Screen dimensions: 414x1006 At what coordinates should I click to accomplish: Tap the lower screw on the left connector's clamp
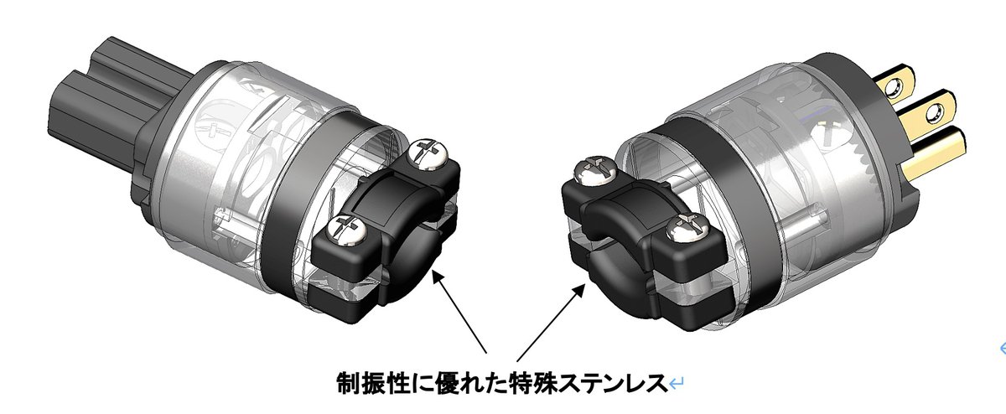tap(345, 227)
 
